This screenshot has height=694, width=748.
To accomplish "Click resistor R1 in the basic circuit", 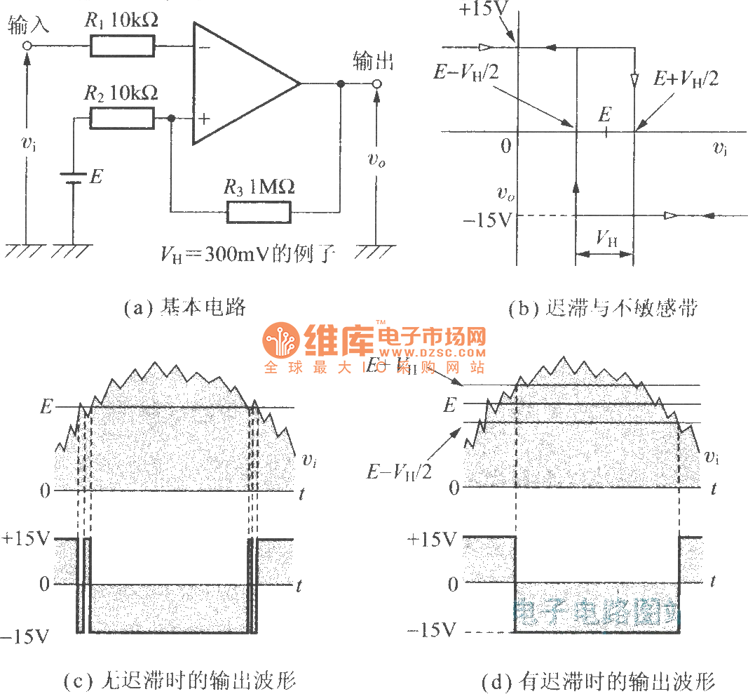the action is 122,46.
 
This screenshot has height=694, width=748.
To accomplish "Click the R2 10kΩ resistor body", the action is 122,119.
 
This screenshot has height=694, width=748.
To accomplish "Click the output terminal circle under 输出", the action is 376,84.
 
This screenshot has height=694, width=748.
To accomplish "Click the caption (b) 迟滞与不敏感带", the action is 604,307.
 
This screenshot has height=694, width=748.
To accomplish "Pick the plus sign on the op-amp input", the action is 203,119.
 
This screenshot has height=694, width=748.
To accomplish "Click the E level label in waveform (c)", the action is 46,406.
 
